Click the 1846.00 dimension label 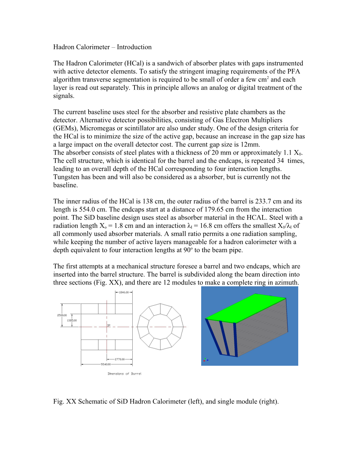(x=124, y=292)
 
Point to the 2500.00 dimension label (x=62, y=315)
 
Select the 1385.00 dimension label (x=72, y=321)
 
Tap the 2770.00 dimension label (x=120, y=359)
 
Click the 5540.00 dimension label (x=106, y=364)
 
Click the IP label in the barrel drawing (x=109, y=325)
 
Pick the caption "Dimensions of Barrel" (x=124, y=374)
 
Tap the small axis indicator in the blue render (x=205, y=360)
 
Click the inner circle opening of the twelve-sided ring (x=160, y=327)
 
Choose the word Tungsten (x=67, y=177)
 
